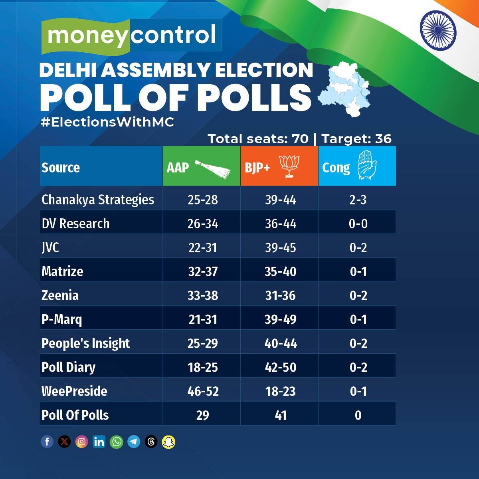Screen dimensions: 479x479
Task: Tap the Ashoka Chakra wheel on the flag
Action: tap(438, 28)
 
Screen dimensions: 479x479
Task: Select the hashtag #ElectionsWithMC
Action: tap(107, 122)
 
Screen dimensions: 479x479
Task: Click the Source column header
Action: tap(61, 168)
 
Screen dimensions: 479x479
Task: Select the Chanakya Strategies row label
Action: tap(98, 200)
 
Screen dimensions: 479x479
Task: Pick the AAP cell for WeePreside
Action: tap(203, 391)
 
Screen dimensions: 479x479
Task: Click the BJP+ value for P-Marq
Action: tap(281, 319)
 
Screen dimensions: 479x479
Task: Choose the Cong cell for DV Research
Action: tap(358, 224)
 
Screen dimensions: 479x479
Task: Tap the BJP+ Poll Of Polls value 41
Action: tap(281, 415)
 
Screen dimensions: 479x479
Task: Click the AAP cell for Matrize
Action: tap(203, 271)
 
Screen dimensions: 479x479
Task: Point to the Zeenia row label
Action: tap(60, 295)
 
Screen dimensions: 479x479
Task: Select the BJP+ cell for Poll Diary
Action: tap(281, 367)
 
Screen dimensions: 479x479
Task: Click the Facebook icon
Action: tap(47, 442)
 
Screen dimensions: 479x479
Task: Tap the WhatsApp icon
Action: tap(117, 442)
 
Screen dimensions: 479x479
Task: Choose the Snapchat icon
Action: tap(168, 442)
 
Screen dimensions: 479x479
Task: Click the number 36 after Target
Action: tap(383, 139)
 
